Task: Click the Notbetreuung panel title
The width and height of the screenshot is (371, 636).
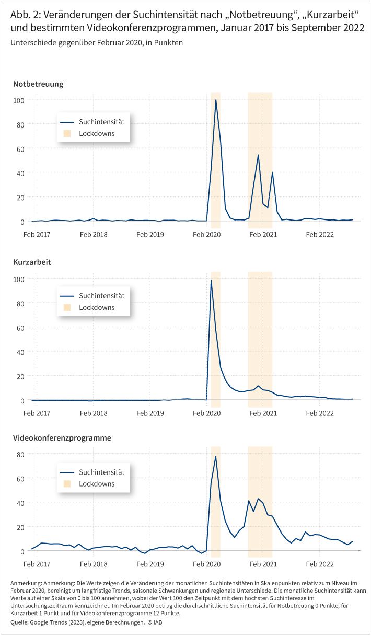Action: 38,84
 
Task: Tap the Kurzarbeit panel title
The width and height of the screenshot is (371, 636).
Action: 32,262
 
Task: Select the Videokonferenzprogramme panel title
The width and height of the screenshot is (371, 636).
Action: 62,438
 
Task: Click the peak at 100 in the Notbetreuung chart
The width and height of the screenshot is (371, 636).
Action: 216,100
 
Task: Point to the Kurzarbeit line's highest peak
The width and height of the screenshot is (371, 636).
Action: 211,281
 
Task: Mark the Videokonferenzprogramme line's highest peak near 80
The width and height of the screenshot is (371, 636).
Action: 216,457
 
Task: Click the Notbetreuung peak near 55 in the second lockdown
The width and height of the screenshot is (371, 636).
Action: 258,155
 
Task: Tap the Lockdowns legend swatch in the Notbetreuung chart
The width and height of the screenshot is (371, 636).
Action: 67,133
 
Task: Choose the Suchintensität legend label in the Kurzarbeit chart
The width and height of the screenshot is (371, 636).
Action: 101,296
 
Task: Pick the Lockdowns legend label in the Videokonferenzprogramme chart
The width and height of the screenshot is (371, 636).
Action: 97,484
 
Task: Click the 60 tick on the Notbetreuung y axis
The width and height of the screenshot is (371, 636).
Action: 20,149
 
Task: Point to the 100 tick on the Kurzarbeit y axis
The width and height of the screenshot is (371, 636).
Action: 19,280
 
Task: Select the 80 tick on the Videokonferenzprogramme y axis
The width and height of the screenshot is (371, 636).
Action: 20,455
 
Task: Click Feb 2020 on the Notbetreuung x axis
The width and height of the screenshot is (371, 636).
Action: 206,235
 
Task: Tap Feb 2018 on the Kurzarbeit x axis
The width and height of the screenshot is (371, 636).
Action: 94,413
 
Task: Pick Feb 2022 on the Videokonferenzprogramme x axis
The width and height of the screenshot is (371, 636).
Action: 320,564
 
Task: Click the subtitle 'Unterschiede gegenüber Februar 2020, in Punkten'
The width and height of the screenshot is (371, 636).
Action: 97,43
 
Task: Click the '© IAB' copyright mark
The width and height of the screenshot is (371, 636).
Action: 155,622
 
